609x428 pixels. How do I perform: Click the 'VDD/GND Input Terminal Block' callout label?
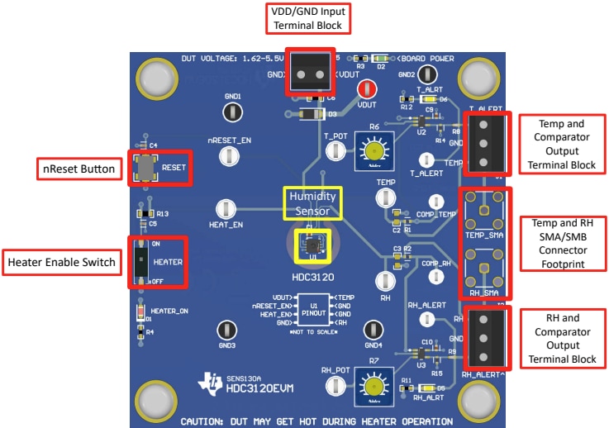click(305, 17)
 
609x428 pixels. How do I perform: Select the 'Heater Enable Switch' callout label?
click(61, 262)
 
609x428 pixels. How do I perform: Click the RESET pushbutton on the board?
click(145, 166)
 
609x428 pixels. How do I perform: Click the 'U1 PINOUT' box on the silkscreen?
click(314, 311)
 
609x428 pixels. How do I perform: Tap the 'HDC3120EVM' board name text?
click(259, 388)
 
